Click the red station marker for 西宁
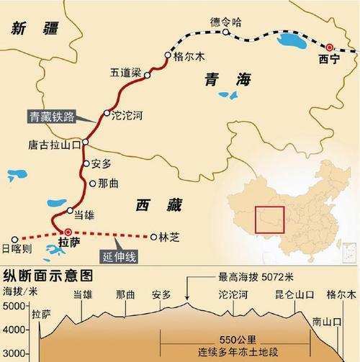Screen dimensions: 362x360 tap(330, 47)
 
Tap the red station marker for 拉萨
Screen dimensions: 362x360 tap(67, 232)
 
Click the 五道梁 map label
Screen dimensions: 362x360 tap(125, 73)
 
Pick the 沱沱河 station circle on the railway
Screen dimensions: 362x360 tap(107, 113)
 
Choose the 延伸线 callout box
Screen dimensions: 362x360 tap(116, 256)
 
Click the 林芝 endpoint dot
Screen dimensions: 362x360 tap(153, 236)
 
